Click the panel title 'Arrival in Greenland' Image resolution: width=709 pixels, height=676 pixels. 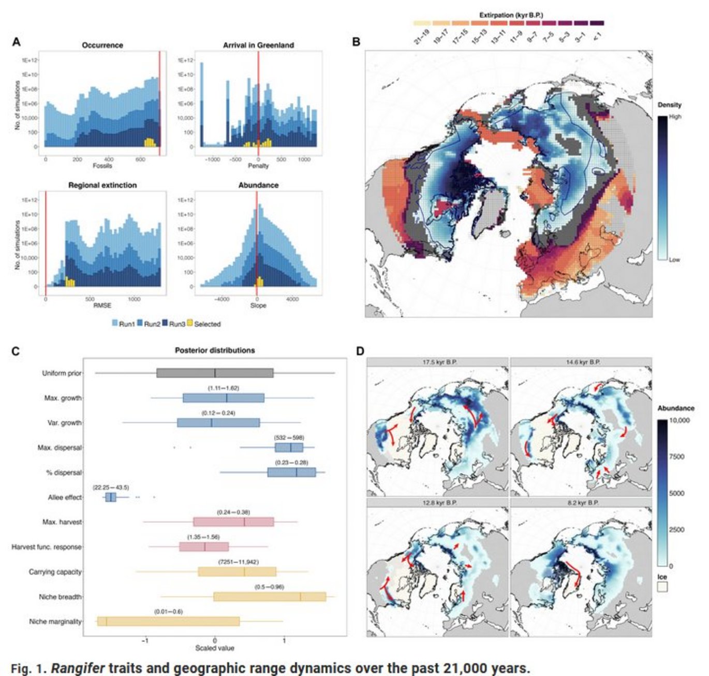(x=258, y=45)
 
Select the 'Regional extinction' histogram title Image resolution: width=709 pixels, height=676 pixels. (x=102, y=185)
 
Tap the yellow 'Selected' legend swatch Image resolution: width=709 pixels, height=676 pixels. (x=190, y=324)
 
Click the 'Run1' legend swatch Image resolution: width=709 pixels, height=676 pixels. (x=115, y=324)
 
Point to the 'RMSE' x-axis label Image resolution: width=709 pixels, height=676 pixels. (x=102, y=305)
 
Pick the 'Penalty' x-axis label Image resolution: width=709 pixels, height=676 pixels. (x=258, y=166)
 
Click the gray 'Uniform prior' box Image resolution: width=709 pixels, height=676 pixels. (x=215, y=373)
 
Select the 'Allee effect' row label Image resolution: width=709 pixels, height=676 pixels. (x=65, y=497)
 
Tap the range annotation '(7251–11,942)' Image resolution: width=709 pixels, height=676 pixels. (x=238, y=562)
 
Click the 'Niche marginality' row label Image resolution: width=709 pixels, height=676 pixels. (x=55, y=622)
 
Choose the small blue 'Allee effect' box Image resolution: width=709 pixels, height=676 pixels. (x=111, y=497)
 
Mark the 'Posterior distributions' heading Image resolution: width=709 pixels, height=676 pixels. (x=215, y=350)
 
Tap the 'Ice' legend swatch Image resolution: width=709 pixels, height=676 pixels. (x=662, y=587)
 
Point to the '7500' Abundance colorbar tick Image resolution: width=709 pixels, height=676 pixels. (x=676, y=457)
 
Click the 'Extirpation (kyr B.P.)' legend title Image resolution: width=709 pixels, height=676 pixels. (x=511, y=15)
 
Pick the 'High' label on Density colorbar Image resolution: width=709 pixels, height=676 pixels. (x=675, y=116)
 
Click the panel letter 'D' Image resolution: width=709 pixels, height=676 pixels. (x=360, y=351)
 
